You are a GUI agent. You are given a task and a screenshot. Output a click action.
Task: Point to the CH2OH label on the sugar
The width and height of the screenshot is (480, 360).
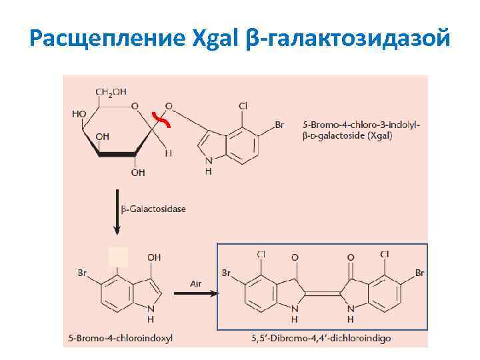coord(111,92)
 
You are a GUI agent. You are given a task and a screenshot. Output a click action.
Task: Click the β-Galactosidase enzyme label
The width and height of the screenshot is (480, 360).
coord(154,209)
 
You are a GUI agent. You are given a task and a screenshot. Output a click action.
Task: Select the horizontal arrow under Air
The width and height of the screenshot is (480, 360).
coord(195,294)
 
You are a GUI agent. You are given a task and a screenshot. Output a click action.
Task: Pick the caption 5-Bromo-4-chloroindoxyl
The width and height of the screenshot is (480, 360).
coord(120,339)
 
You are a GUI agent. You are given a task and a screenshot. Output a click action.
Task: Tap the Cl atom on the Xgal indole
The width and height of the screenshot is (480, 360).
coord(243,106)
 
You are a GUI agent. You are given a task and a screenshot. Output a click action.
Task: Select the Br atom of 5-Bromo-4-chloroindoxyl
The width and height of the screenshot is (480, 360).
coord(83,273)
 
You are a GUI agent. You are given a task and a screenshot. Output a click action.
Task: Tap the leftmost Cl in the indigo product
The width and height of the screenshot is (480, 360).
coord(261,254)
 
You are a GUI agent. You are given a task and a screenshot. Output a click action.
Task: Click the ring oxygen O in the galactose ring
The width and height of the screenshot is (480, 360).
coord(135,106)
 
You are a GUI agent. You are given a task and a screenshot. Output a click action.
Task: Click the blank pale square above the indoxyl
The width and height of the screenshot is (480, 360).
coord(118,257)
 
